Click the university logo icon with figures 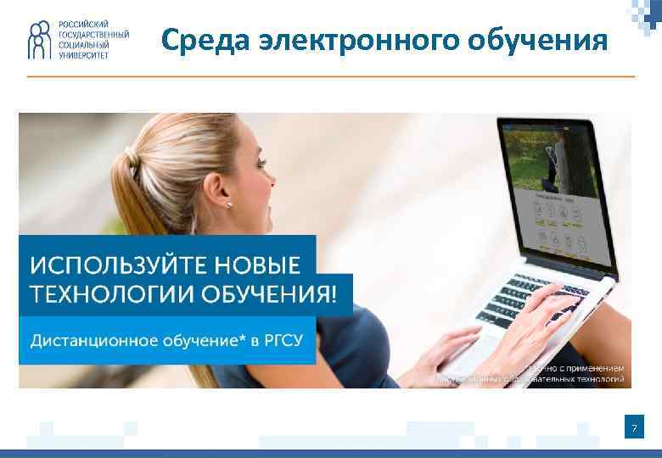click(39, 40)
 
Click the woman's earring click(228, 204)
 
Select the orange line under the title click(331, 76)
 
